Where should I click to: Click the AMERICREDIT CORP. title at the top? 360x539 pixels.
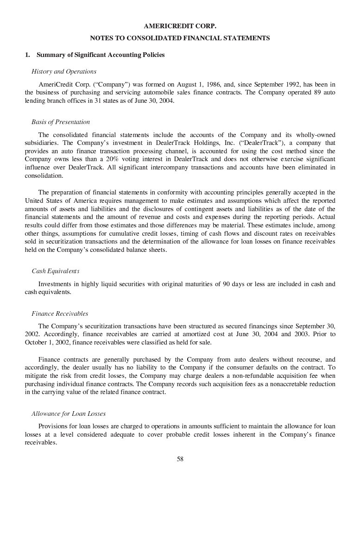[x=180, y=26]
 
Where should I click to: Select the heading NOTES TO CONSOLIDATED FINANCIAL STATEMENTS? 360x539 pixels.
[x=180, y=38]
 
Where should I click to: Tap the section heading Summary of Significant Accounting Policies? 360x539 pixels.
[x=101, y=55]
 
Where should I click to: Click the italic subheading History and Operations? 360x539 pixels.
[x=64, y=71]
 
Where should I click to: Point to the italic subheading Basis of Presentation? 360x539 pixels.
[x=61, y=122]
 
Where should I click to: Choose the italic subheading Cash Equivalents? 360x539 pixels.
[x=55, y=271]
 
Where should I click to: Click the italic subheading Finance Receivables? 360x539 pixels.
[x=60, y=314]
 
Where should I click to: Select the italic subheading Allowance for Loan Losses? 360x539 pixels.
[x=69, y=414]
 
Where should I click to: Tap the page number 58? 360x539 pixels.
[x=180, y=459]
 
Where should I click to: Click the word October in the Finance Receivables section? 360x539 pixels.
[x=36, y=343]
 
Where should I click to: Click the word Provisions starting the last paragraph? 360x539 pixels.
[x=52, y=426]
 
